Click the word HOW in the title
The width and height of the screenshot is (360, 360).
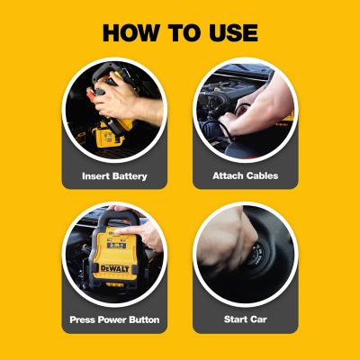(x=130, y=32)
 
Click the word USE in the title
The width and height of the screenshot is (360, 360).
(x=233, y=32)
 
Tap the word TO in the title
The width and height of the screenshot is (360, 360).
(x=184, y=32)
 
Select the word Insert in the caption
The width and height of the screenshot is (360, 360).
(x=95, y=175)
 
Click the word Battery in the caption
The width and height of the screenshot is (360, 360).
(x=130, y=176)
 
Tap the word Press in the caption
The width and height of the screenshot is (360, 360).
(x=83, y=319)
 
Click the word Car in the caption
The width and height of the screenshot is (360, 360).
(x=259, y=319)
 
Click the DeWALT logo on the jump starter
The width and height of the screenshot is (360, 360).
(x=115, y=268)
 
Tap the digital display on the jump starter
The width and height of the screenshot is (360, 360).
(x=116, y=246)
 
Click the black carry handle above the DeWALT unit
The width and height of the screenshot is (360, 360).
(x=115, y=215)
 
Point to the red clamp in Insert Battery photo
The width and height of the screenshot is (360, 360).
(x=91, y=95)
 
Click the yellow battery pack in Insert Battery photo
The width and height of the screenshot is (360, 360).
(x=109, y=137)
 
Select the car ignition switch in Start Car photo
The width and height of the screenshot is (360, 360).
(x=258, y=256)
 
